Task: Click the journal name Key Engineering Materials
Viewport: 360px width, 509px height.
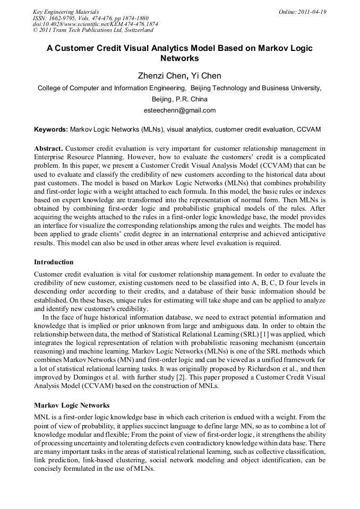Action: [x=66, y=12]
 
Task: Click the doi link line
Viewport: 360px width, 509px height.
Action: [x=95, y=24]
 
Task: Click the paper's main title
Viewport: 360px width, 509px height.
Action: [x=179, y=53]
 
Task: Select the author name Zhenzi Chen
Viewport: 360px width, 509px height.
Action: [x=157, y=76]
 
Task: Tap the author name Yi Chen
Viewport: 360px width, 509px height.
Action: [x=205, y=76]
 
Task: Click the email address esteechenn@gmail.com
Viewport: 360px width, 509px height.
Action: [x=179, y=110]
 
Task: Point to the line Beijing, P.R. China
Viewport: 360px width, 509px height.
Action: [x=179, y=99]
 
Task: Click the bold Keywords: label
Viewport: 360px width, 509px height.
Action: [x=51, y=129]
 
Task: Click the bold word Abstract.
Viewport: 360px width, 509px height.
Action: [x=48, y=148]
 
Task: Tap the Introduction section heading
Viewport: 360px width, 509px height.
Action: [x=54, y=262]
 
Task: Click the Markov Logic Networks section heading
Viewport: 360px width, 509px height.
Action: [x=72, y=405]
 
